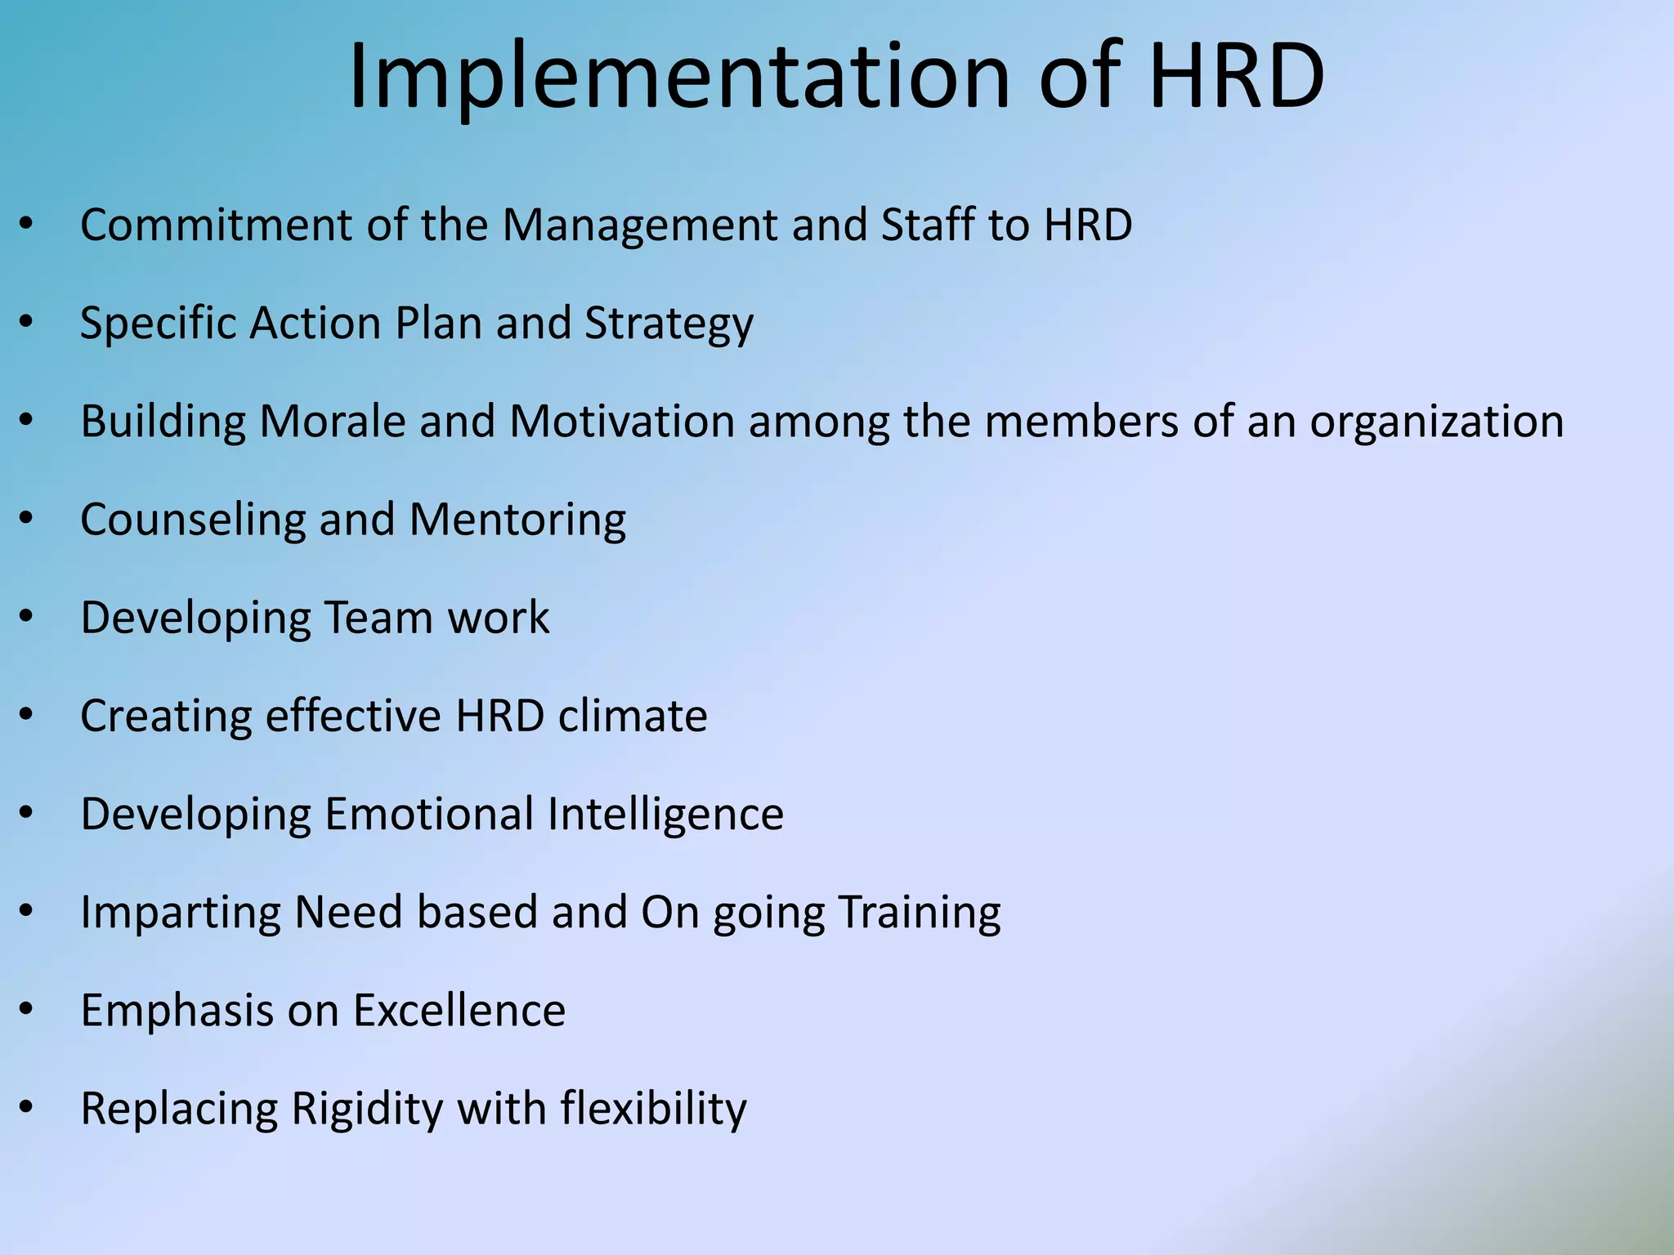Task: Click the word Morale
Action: click(332, 422)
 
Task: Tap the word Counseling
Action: click(192, 520)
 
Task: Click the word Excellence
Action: click(459, 1011)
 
